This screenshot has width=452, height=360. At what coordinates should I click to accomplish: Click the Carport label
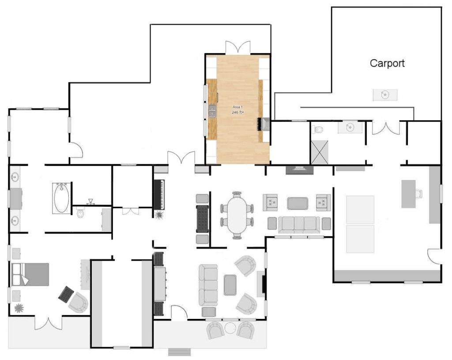click(387, 64)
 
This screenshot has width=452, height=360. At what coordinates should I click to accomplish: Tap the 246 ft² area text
click(237, 112)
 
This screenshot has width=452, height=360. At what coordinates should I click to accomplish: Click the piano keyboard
click(159, 195)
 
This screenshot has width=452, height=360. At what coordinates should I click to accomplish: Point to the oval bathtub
click(61, 198)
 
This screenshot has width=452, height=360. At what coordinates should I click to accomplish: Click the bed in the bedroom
click(30, 274)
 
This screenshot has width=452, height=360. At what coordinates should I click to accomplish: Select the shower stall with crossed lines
click(320, 152)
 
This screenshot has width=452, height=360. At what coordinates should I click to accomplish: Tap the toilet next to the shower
click(317, 129)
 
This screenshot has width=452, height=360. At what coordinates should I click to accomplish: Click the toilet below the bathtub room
click(80, 213)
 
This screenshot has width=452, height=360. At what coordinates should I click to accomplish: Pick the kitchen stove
click(263, 124)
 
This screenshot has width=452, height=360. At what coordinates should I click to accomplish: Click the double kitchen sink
click(212, 111)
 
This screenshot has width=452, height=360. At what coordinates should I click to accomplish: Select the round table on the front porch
click(230, 328)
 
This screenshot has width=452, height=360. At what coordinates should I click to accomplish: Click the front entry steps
click(179, 352)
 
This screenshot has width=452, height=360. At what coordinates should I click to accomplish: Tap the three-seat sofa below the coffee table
click(299, 225)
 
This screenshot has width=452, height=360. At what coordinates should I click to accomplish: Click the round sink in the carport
click(385, 95)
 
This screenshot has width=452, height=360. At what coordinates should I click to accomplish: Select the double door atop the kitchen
click(237, 48)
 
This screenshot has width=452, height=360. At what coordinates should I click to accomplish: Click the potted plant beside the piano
click(159, 215)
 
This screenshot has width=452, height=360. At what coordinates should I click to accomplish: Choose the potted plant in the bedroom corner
click(19, 308)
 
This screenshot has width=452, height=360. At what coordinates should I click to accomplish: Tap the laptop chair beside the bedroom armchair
click(66, 294)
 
